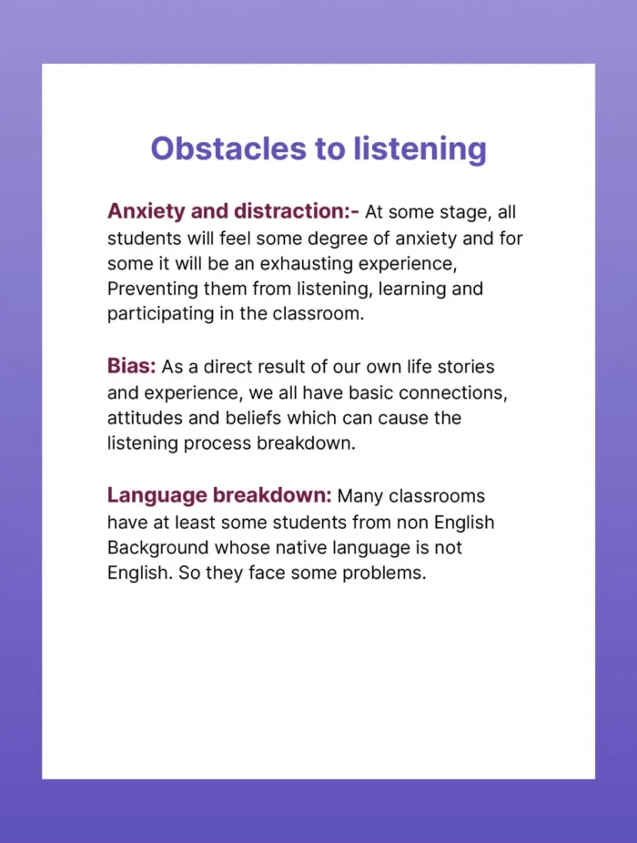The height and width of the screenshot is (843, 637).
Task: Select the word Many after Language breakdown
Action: (x=361, y=496)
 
